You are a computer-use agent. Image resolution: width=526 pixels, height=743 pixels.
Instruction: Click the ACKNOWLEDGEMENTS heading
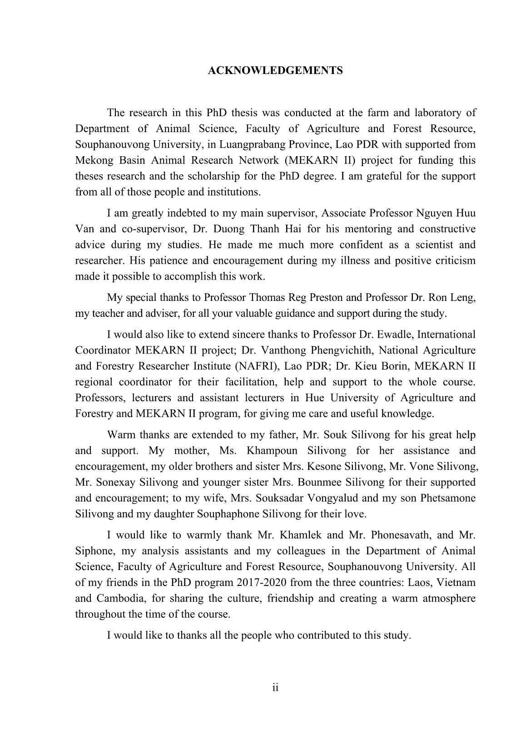275,71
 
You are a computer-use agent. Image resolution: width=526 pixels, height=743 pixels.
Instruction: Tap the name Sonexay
116,482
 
